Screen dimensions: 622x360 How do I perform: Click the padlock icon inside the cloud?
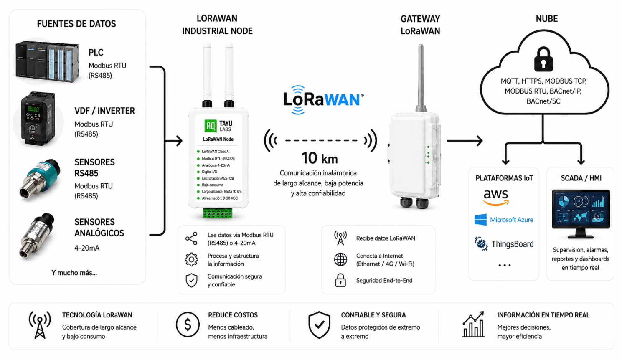(x=543, y=59)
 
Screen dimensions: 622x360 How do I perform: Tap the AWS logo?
(x=496, y=198)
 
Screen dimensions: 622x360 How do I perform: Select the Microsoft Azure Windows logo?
(x=481, y=220)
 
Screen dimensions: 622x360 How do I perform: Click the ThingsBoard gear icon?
(x=481, y=244)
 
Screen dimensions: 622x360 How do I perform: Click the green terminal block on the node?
(x=218, y=213)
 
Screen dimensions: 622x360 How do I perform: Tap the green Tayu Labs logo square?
(x=210, y=126)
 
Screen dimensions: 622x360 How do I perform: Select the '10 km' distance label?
(x=320, y=158)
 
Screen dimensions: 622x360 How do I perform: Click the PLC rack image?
(x=48, y=61)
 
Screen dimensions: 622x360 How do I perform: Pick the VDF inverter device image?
(x=38, y=119)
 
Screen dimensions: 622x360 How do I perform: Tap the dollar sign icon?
(x=188, y=325)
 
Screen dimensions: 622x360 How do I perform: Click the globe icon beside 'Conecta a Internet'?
(x=340, y=259)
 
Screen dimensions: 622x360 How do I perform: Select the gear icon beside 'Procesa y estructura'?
(x=192, y=259)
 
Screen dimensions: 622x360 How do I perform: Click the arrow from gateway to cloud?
(x=465, y=141)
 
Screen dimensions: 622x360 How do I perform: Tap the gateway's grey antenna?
(x=421, y=78)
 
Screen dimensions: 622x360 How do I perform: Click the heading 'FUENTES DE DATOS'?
(x=76, y=24)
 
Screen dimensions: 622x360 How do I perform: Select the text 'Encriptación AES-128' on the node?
(x=218, y=178)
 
